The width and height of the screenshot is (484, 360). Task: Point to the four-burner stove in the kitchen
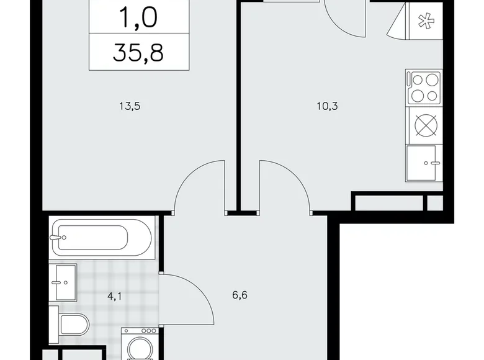[424, 88]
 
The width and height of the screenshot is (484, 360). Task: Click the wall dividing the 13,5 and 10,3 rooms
[238, 106]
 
